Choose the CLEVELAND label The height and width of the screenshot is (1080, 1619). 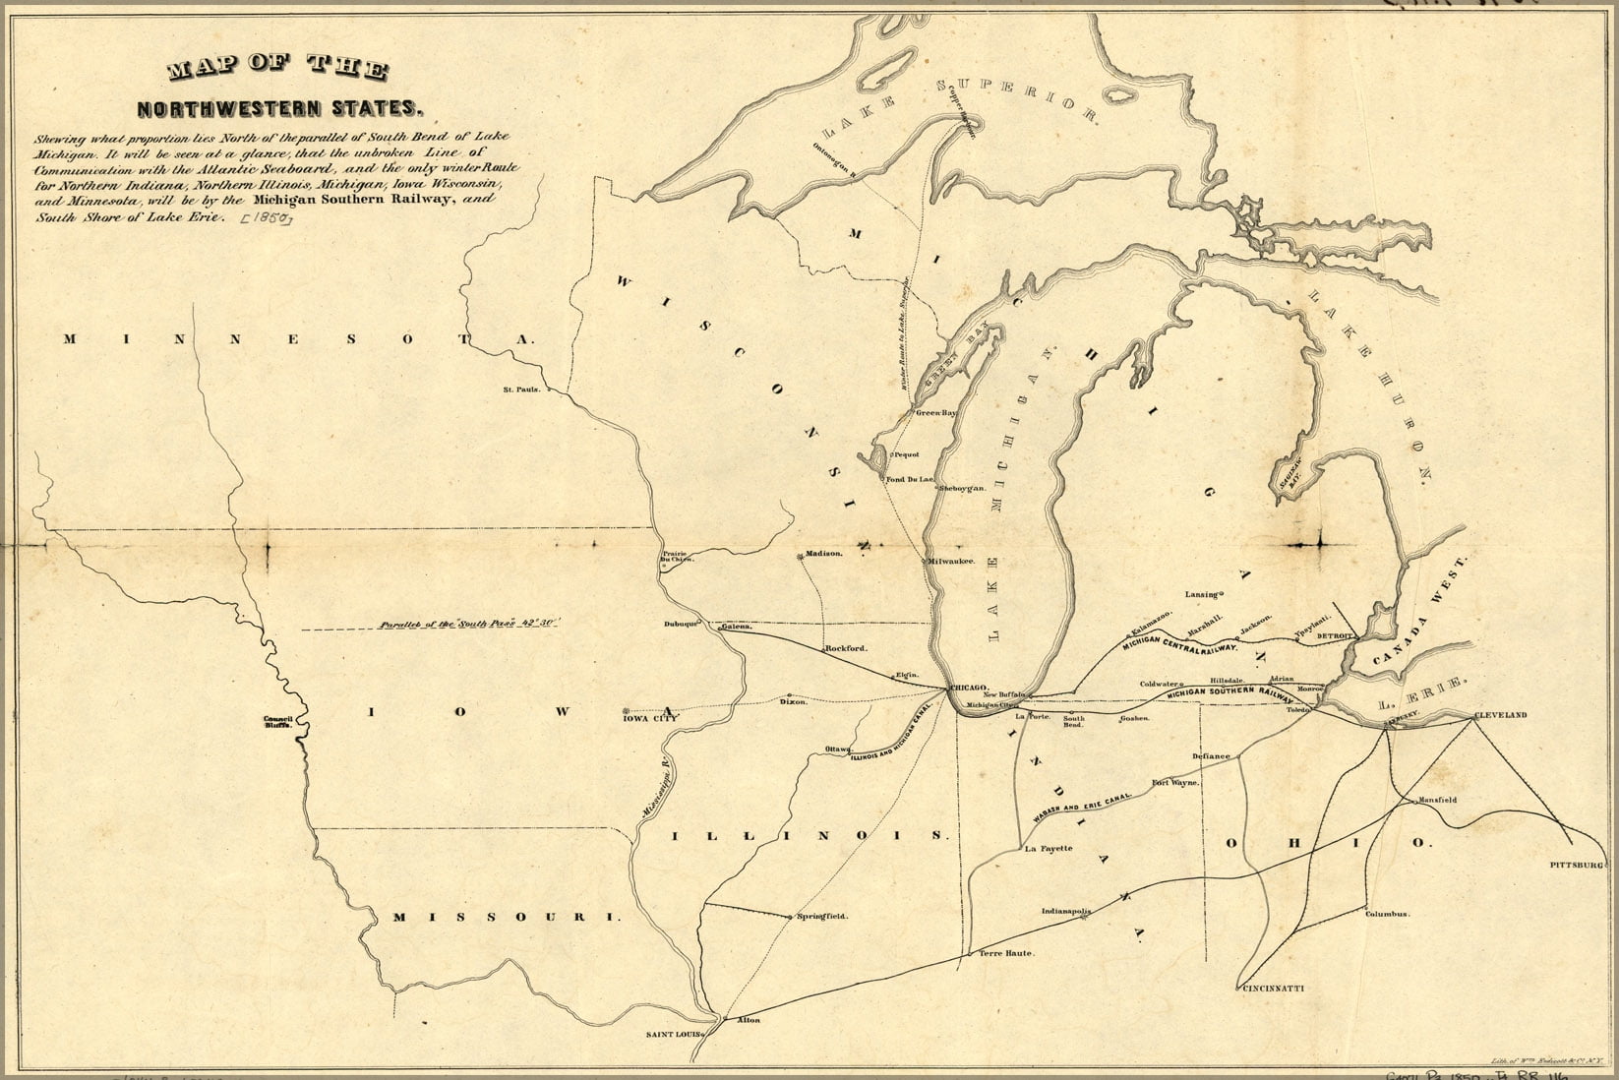[1499, 715]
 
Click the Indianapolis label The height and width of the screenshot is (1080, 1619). [1066, 912]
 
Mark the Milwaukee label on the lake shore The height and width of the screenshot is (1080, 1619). [950, 561]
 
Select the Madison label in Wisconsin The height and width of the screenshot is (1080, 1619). [824, 554]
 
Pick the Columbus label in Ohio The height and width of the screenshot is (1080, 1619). [1387, 914]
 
